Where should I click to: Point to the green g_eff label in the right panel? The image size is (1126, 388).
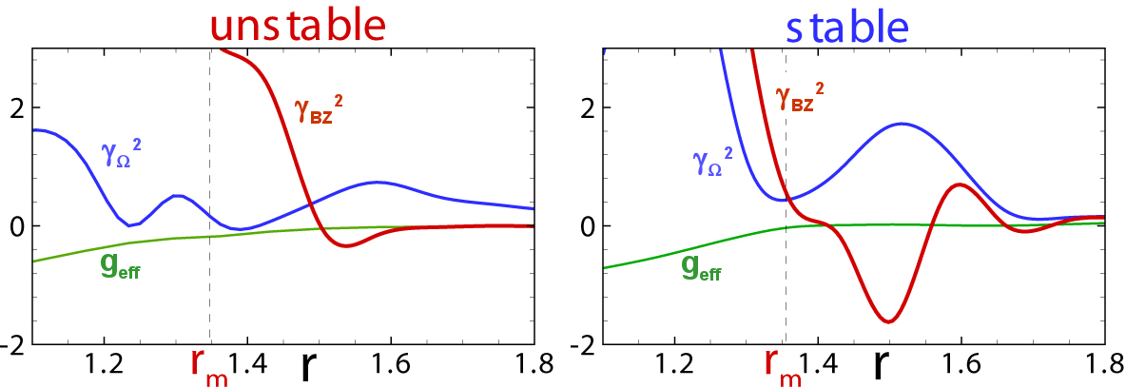click(x=702, y=270)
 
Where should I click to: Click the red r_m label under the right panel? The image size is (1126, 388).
click(x=782, y=366)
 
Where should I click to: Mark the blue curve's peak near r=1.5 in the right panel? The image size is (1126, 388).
click(x=901, y=124)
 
